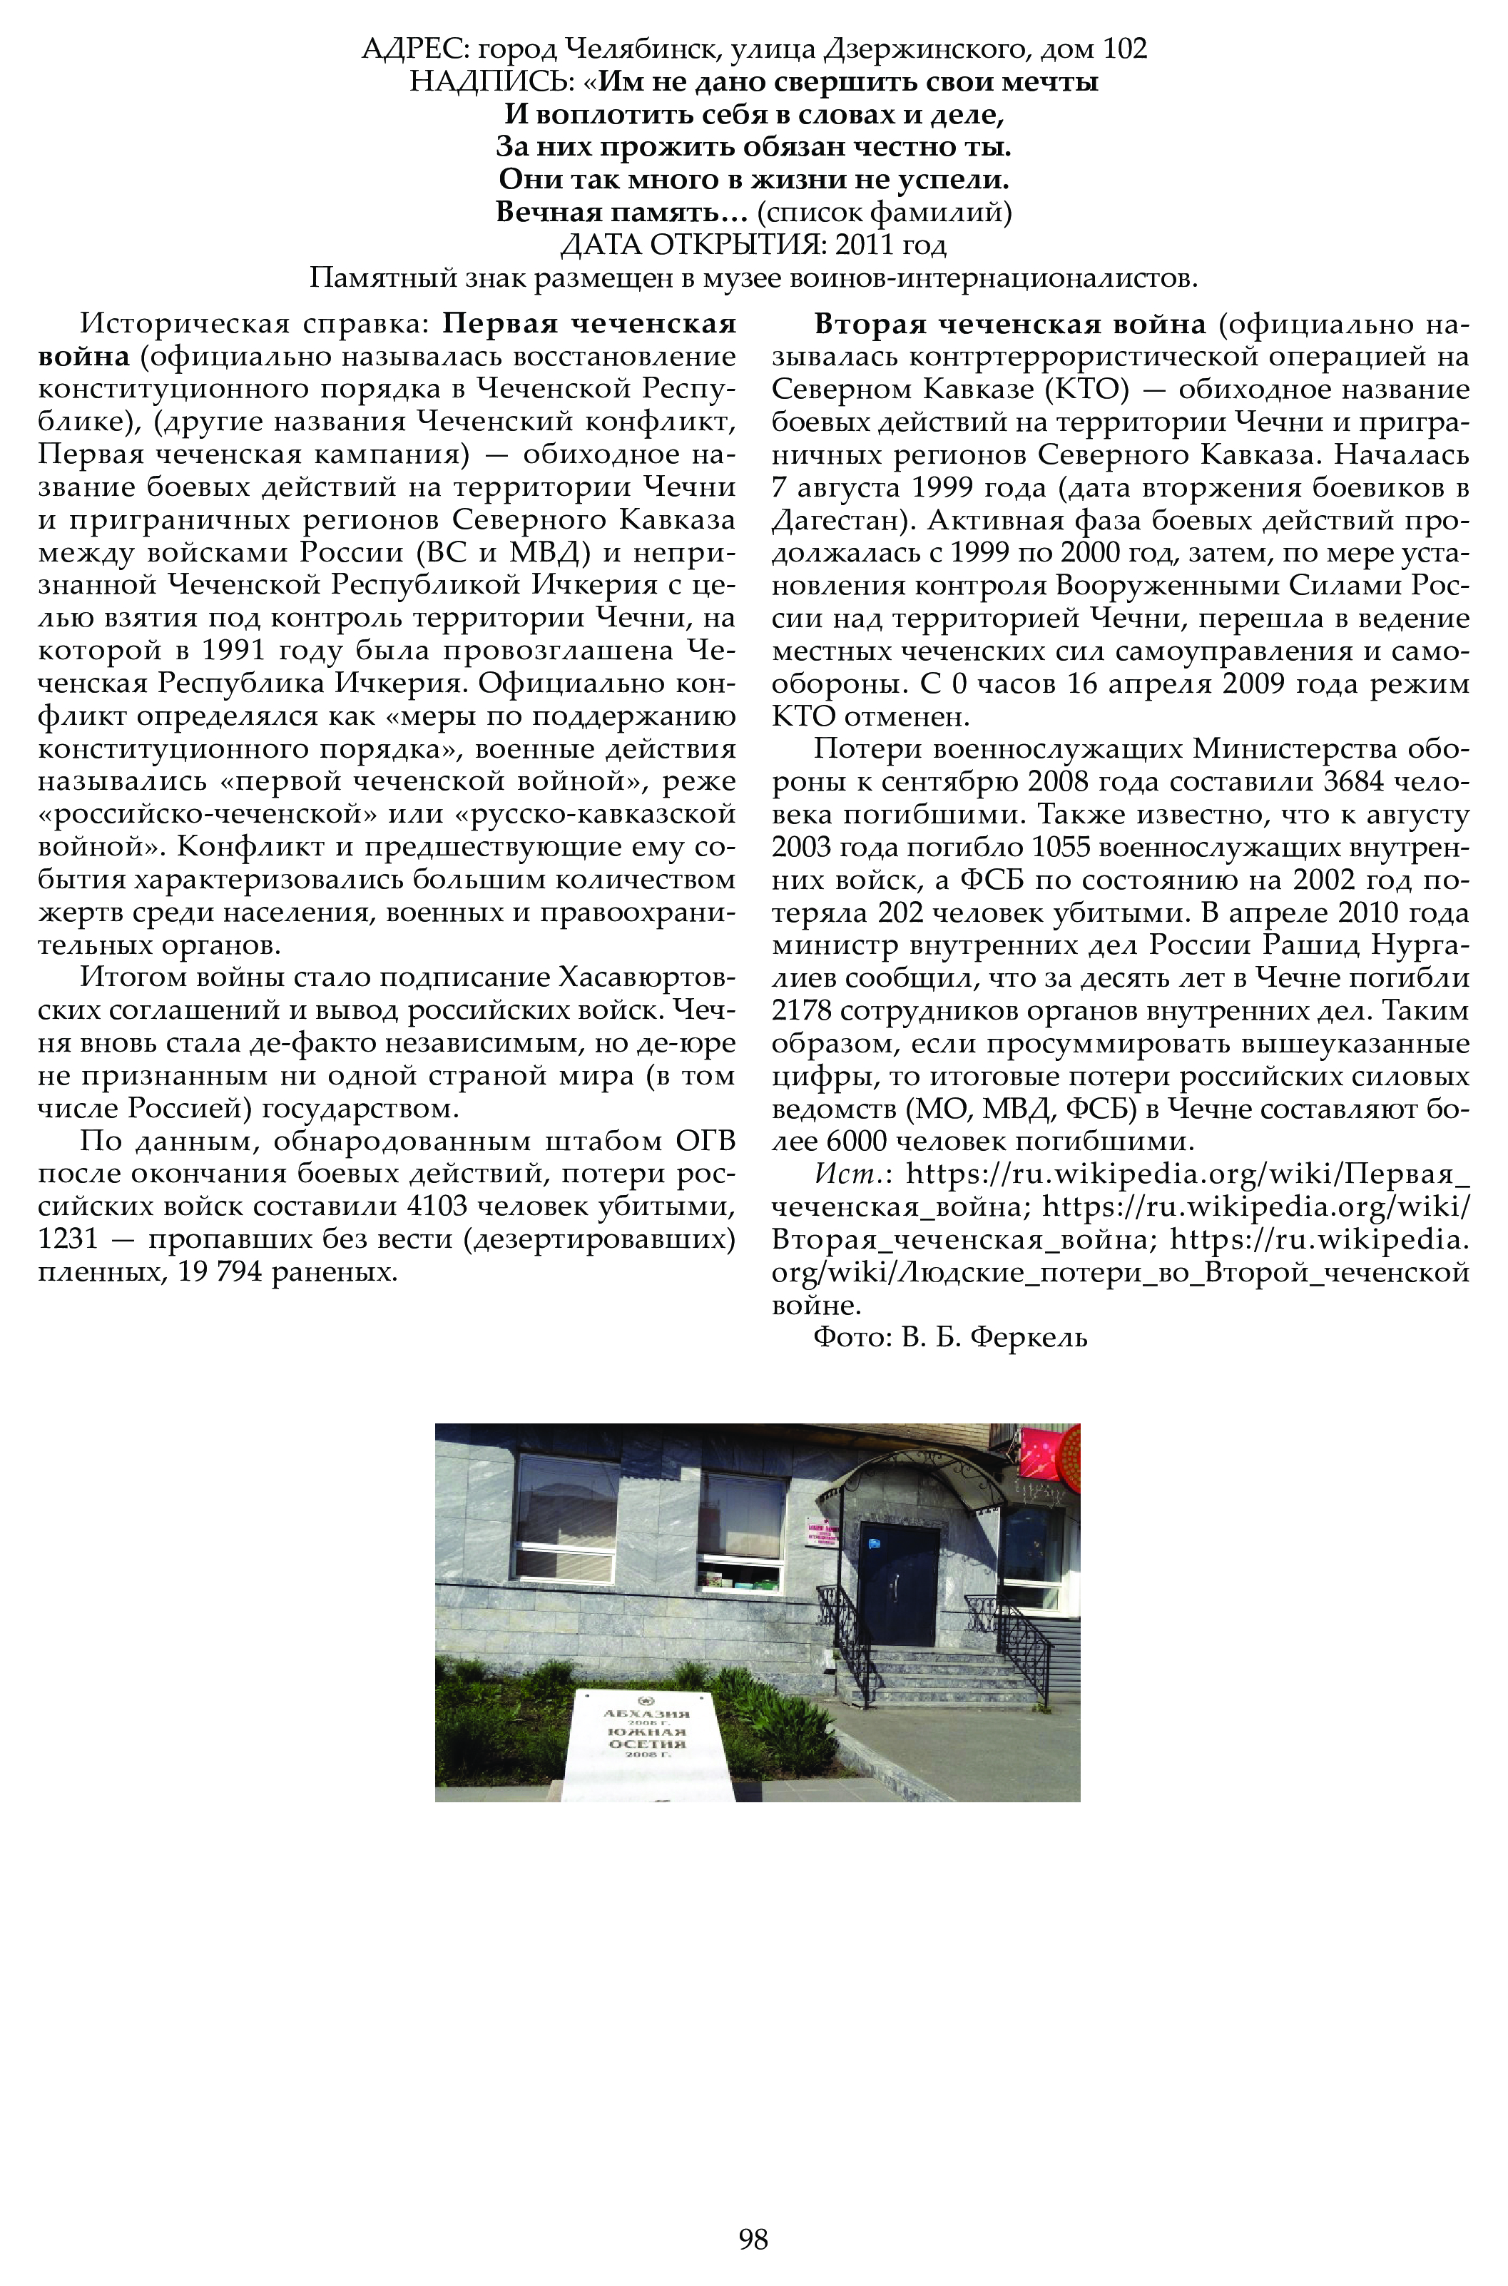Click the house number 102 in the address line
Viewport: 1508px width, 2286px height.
pyautogui.click(x=1124, y=49)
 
